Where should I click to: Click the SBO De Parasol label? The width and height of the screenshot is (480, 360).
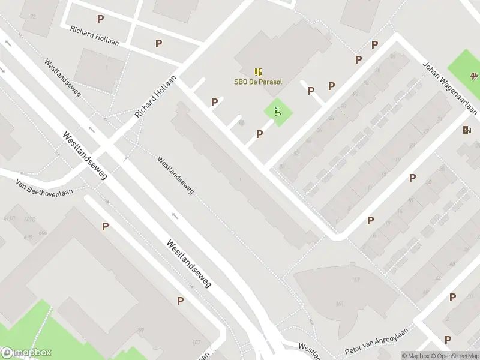(257, 82)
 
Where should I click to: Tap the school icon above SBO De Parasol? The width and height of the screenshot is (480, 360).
(258, 71)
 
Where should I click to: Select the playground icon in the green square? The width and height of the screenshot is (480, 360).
(277, 111)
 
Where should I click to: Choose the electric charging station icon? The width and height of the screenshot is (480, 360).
(467, 130)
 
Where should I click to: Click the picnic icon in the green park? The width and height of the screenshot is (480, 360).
(474, 76)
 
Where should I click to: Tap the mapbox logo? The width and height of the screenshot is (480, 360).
(26, 353)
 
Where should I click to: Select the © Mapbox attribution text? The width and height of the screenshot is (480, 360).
(416, 356)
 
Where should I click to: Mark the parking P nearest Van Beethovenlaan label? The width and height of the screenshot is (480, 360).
(106, 226)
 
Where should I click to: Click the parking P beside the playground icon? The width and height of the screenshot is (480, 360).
(259, 134)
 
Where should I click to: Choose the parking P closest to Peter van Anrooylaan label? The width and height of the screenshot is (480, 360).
(447, 322)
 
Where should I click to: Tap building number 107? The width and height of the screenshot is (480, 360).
(196, 343)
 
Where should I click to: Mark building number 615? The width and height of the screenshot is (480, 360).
(28, 238)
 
